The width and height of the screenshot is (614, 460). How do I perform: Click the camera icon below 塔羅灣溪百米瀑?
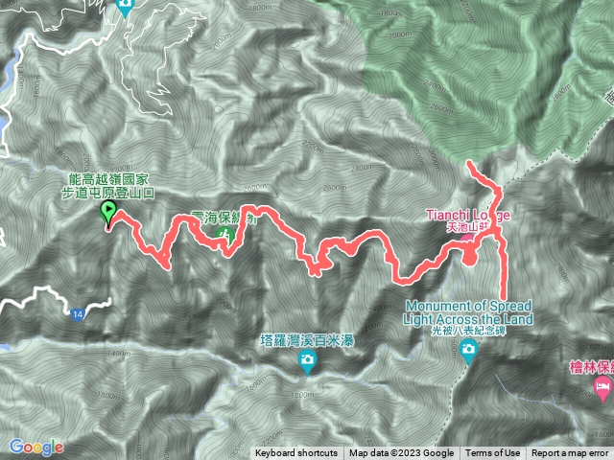[x=307, y=361]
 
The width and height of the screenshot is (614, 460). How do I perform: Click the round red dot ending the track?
[x=470, y=256]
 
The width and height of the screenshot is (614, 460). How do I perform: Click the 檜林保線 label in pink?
[x=590, y=367]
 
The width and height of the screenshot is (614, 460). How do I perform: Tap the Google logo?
[x=35, y=447]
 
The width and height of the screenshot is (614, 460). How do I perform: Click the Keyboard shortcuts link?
[x=296, y=453]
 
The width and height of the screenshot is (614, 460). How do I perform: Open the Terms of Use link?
[x=493, y=453]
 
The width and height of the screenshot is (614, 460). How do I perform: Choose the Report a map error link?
[x=571, y=453]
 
